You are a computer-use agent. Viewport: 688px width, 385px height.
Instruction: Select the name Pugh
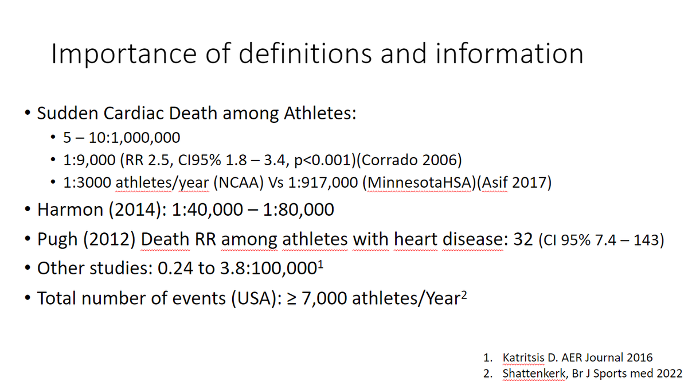58,239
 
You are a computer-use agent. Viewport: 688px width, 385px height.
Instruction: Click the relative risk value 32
523,239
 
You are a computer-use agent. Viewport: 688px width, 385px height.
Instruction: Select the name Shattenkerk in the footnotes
531,373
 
